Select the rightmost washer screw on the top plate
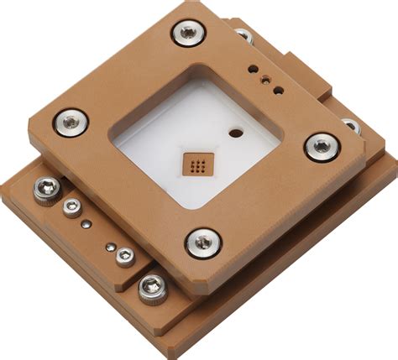[x=322, y=147]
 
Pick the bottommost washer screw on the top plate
[x=203, y=243]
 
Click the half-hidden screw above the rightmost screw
[x=352, y=126]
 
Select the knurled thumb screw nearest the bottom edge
[x=152, y=289]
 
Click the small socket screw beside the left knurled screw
[x=72, y=207]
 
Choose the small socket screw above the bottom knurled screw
[x=125, y=256]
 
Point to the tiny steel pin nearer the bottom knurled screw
[x=110, y=247]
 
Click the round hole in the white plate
[x=236, y=132]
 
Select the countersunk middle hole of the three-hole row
[x=266, y=79]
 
